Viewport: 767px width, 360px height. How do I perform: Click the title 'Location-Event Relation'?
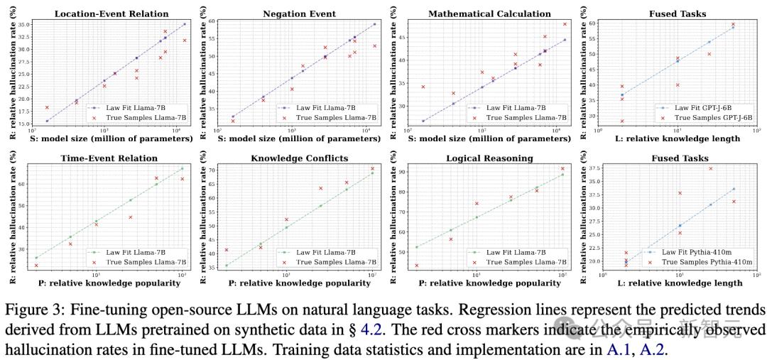[111, 13]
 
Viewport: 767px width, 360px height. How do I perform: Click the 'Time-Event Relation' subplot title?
[111, 158]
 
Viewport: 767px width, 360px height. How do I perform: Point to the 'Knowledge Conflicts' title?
[300, 158]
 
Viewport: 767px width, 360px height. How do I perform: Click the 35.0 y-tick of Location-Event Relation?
[23, 25]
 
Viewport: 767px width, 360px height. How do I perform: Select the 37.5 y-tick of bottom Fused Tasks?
[592, 169]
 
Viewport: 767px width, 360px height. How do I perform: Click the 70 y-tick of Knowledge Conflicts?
[212, 170]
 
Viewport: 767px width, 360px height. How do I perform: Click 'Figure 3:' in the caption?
[27, 310]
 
